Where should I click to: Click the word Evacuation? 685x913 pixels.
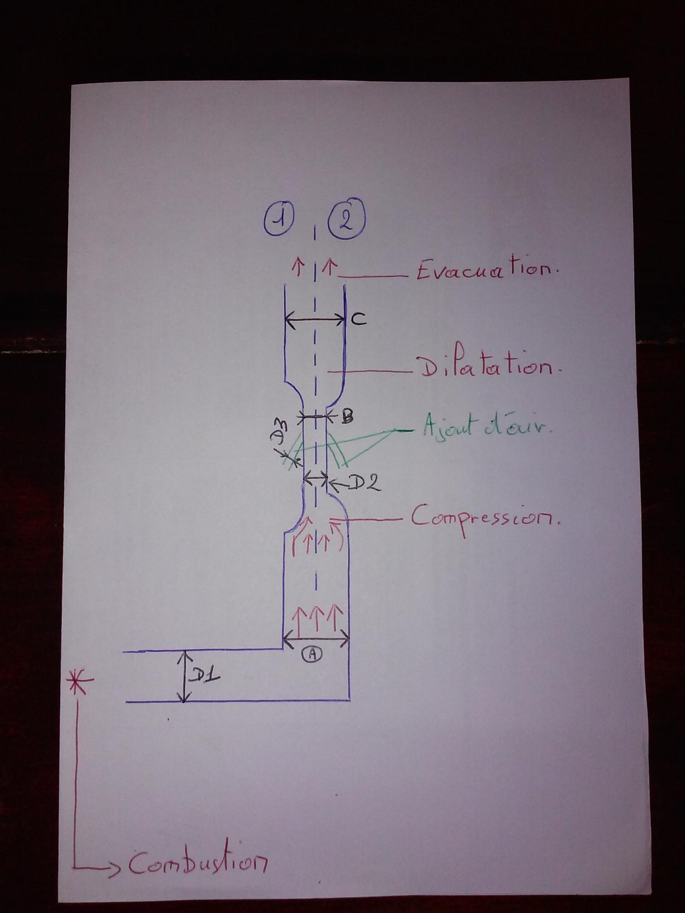pyautogui.click(x=487, y=272)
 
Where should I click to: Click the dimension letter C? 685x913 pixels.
pyautogui.click(x=358, y=320)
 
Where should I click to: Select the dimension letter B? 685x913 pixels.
pyautogui.click(x=347, y=417)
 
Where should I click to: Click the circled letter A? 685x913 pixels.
pyautogui.click(x=312, y=654)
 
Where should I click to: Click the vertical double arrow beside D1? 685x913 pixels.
pyautogui.click(x=184, y=677)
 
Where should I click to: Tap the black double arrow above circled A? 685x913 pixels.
pyautogui.click(x=316, y=639)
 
